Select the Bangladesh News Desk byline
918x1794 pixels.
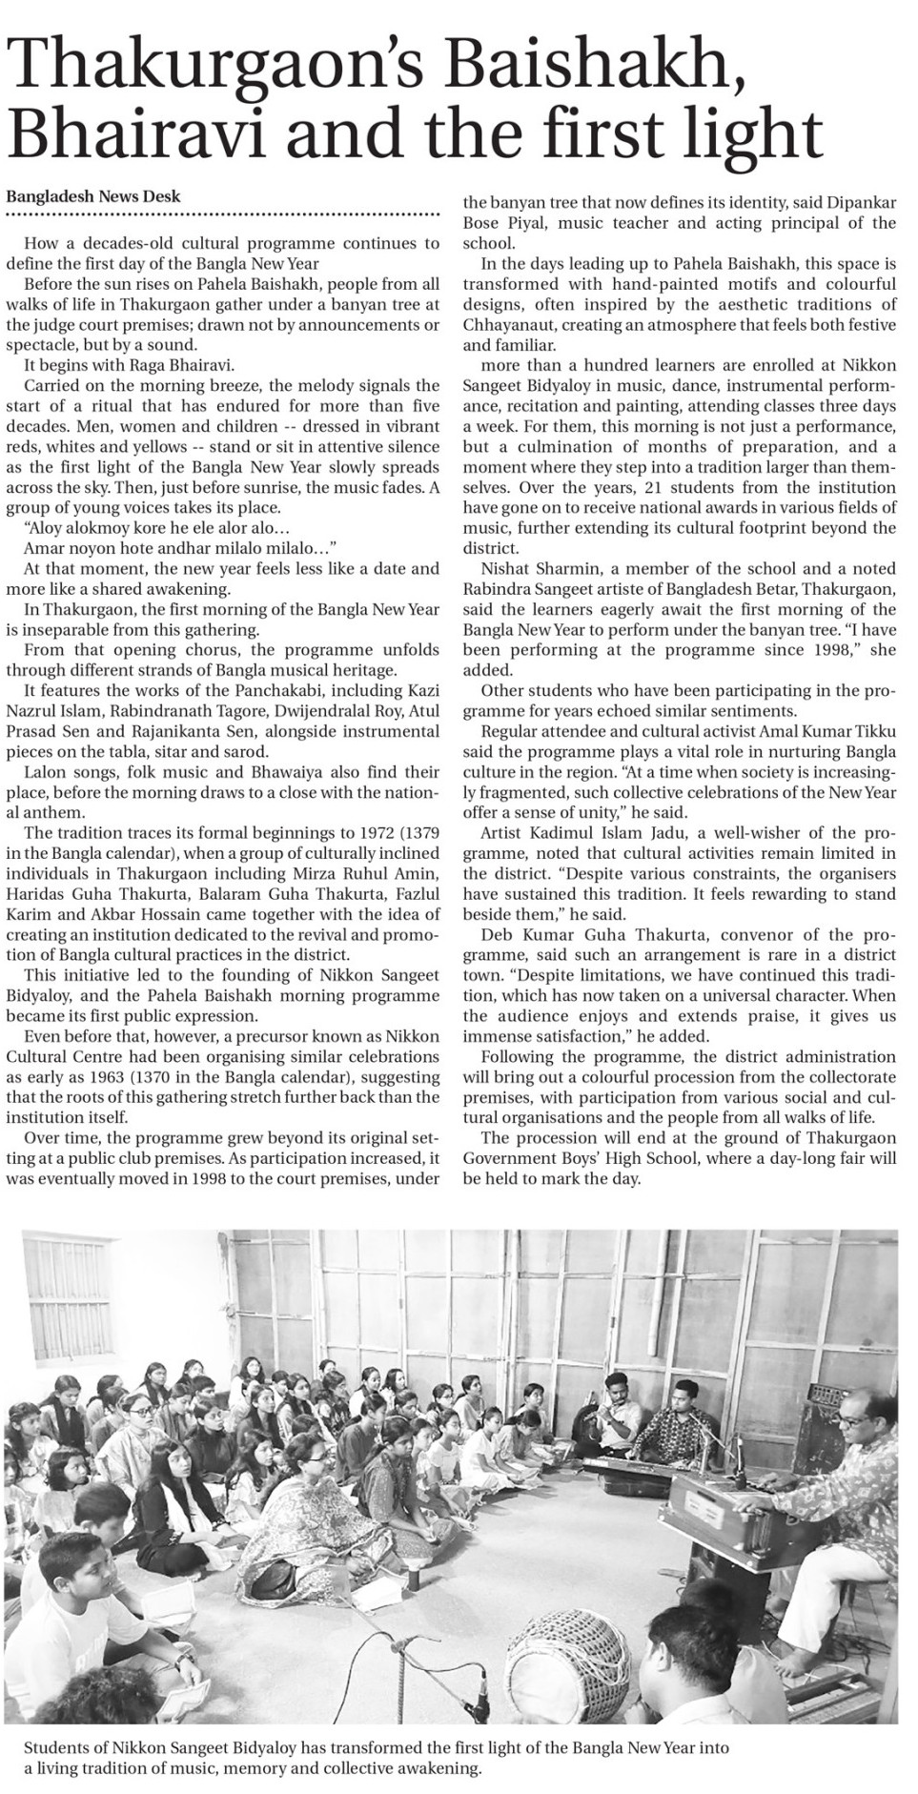93,197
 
